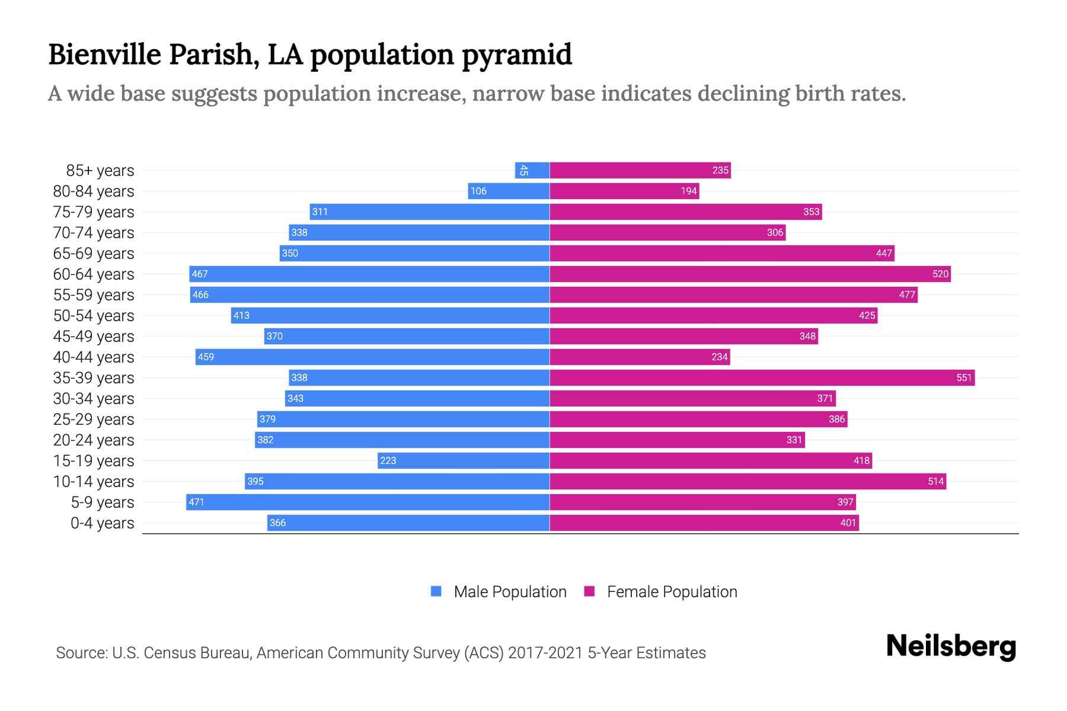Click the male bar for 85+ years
click(532, 171)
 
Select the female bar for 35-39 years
click(762, 378)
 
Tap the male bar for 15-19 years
click(464, 461)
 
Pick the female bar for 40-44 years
click(640, 357)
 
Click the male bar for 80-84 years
click(509, 191)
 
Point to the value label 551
click(964, 378)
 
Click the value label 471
click(196, 502)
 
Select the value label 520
click(940, 274)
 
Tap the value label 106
click(478, 191)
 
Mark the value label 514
click(935, 482)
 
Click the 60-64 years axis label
click(94, 274)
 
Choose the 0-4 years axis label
click(102, 523)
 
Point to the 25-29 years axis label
click(94, 419)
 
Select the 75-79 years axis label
click(94, 212)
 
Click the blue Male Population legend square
click(436, 591)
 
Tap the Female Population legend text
click(672, 592)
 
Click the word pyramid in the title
click(516, 55)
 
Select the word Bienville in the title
click(105, 55)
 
